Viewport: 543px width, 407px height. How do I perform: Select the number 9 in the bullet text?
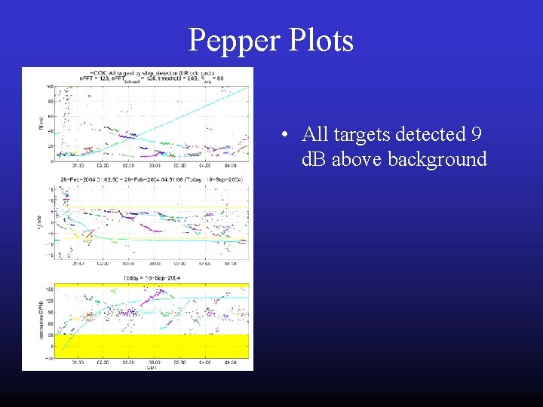click(476, 135)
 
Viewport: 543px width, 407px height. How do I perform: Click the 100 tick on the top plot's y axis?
click(49, 86)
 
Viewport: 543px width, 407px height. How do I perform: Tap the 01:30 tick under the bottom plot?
click(78, 363)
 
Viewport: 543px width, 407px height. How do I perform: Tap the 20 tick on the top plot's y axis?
click(50, 143)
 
